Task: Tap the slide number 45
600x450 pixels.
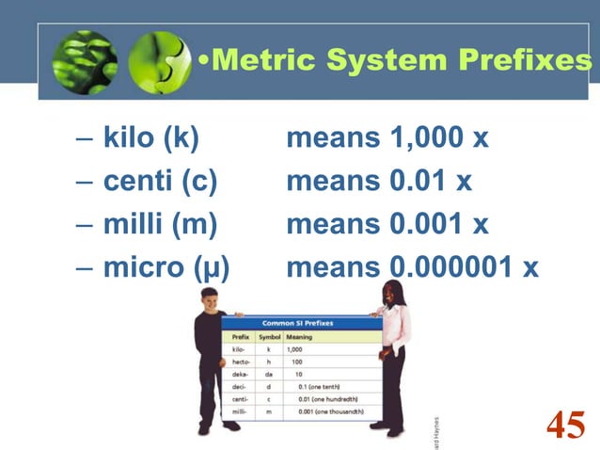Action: click(x=565, y=425)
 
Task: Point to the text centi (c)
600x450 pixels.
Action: click(x=160, y=181)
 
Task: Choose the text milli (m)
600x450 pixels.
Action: click(x=160, y=224)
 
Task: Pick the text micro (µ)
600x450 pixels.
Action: click(x=166, y=267)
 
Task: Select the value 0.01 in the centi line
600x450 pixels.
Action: click(x=418, y=181)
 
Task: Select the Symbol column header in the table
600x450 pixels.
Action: click(x=270, y=336)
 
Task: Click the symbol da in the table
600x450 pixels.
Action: click(x=269, y=374)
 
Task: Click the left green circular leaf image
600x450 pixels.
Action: click(x=84, y=62)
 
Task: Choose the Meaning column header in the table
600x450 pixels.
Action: click(x=300, y=336)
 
